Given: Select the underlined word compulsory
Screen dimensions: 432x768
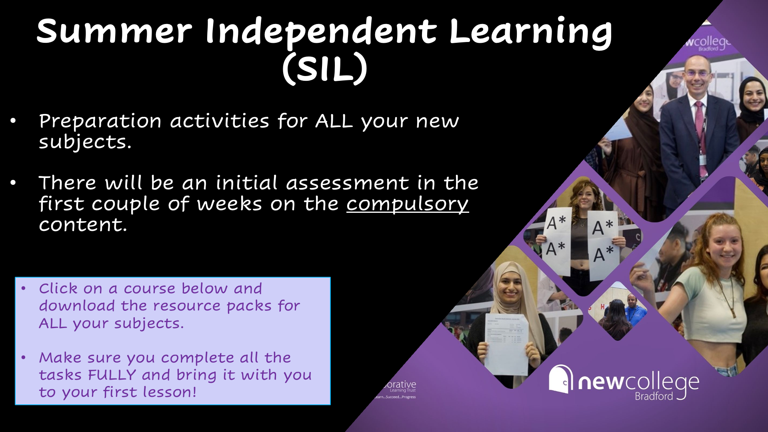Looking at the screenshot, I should click(407, 204).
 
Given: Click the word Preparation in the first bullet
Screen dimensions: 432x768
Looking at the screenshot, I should click(100, 121).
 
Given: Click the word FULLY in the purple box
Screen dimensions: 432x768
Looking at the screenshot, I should click(112, 375).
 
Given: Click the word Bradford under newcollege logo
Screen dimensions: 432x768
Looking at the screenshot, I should click(654, 396).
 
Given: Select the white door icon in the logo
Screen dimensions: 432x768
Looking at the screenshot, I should click(560, 379).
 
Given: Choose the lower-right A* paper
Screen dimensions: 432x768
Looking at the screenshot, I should click(604, 256).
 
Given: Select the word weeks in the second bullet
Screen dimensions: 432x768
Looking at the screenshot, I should click(229, 204).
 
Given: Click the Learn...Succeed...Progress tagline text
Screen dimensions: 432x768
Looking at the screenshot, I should click(395, 397).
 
